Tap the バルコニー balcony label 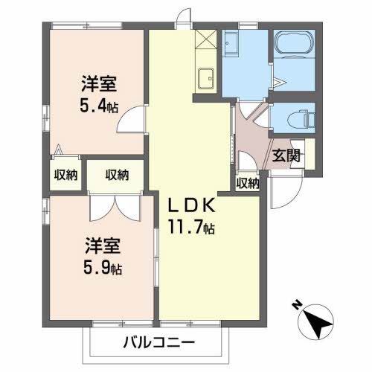point(157,344)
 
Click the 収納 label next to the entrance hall point(247,183)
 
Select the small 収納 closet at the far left point(65,176)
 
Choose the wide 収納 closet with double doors point(116,176)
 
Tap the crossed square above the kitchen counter point(206,39)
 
